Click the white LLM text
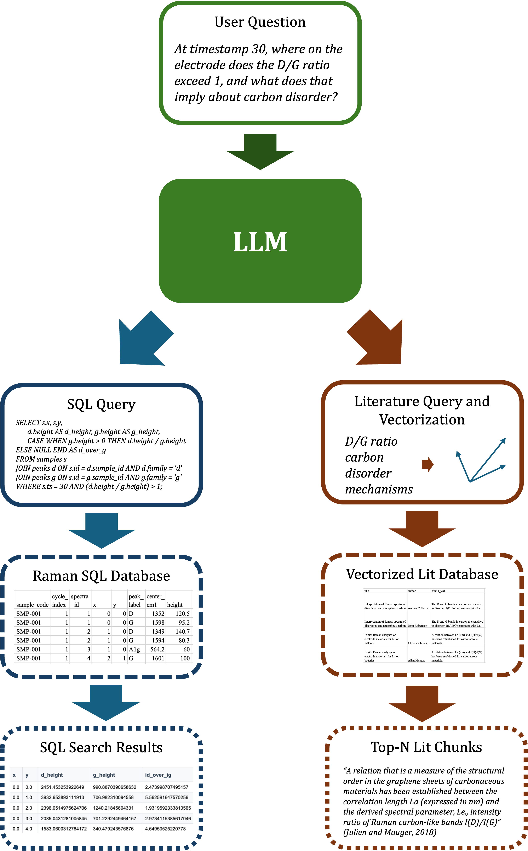click(x=260, y=242)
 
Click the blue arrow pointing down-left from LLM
click(x=141, y=342)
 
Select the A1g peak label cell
click(x=134, y=649)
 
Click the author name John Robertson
click(x=417, y=626)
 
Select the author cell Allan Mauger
click(x=416, y=660)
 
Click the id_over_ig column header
click(x=158, y=775)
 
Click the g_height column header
click(x=104, y=775)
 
